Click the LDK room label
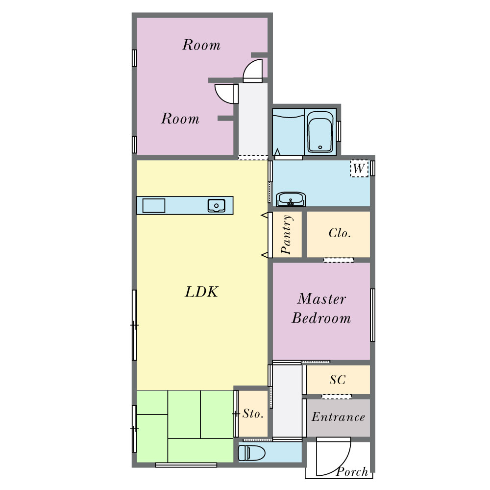pos(201,292)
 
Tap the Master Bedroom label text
pos(321,308)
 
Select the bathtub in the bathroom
pos(320,131)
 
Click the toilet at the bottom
pos(251,453)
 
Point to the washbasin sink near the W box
pos(291,199)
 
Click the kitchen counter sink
pos(216,206)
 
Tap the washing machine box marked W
pos(359,169)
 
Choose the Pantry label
pos(287,234)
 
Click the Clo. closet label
pos(340,233)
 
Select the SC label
pos(338,380)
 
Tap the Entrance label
pos(339,417)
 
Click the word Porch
pos(352,471)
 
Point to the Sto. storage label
pos(253,414)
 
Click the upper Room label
pos(201,45)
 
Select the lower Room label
pos(180,119)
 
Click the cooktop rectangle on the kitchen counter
pos(154,206)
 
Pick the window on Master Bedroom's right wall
pos(372,315)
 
